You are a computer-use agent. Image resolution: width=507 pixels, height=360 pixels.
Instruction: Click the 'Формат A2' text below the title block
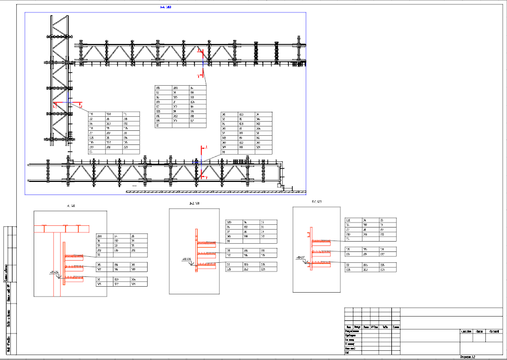467,357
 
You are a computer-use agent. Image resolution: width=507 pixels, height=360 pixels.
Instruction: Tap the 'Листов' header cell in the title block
479,331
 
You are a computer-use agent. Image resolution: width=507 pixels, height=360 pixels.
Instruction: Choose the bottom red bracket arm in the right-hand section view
320,263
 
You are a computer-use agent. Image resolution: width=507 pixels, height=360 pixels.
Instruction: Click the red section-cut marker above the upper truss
200,50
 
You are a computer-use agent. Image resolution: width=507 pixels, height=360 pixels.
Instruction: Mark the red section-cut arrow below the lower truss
202,176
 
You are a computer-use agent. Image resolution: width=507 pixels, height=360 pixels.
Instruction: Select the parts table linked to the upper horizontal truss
181,106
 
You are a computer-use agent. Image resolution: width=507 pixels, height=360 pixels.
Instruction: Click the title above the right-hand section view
317,202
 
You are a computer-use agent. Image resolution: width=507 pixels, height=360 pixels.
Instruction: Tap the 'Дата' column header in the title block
385,326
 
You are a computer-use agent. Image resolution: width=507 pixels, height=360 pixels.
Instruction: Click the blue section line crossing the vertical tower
66,102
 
